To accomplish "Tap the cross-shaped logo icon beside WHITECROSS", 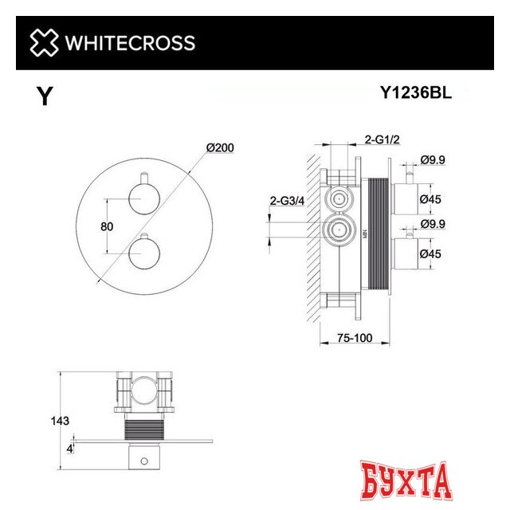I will point(44,42).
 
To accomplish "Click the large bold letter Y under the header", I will point(45,97).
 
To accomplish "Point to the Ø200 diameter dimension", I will point(219,149).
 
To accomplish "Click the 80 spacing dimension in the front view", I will point(106,226).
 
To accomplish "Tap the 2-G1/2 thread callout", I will point(382,139).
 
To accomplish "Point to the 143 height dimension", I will point(59,420).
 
